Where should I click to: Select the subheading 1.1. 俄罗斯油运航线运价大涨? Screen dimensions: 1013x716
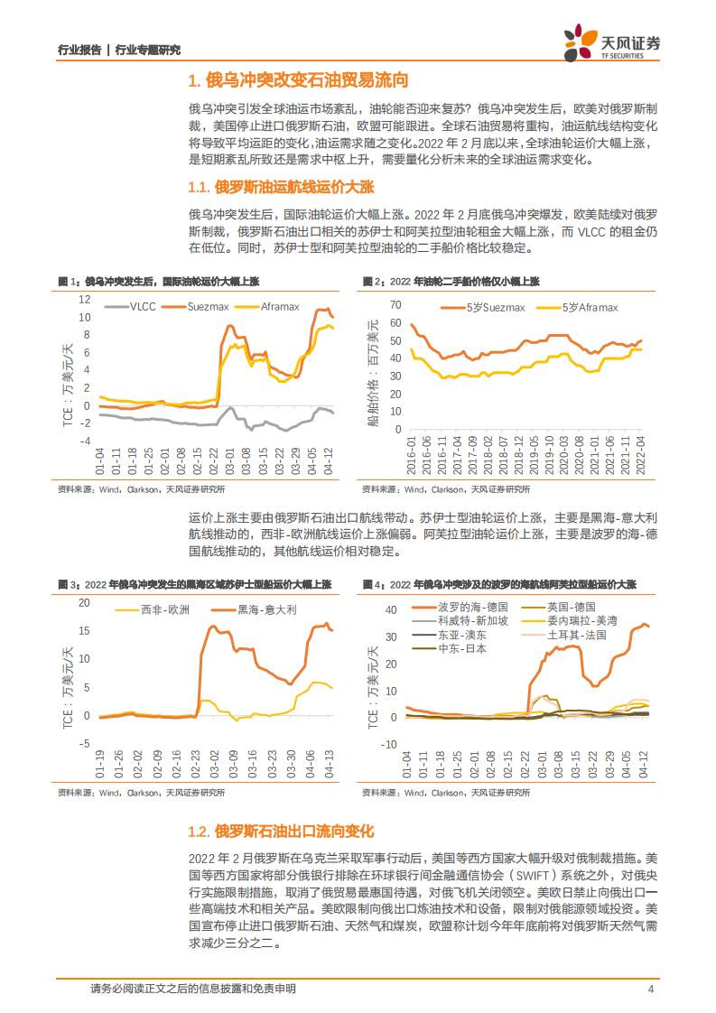281,187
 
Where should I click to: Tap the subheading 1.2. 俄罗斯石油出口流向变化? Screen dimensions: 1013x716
281,830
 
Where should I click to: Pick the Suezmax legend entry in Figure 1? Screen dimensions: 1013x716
206,307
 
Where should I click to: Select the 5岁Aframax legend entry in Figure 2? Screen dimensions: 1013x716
581,308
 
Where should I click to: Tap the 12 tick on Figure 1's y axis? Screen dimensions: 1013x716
85,299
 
